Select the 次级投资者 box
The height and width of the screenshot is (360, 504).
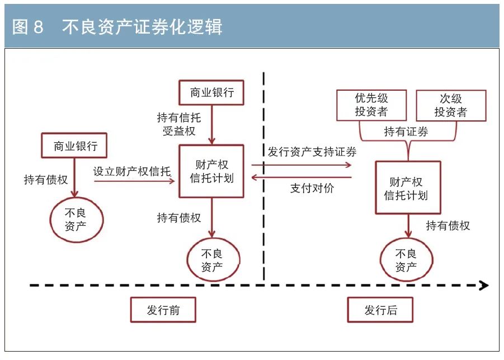pyautogui.click(x=451, y=105)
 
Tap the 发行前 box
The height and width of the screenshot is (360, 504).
pyautogui.click(x=163, y=310)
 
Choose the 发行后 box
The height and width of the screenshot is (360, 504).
pyautogui.click(x=380, y=310)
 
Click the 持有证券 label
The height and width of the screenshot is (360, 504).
pyautogui.click(x=406, y=132)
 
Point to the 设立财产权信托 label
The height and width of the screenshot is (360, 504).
pyautogui.click(x=132, y=171)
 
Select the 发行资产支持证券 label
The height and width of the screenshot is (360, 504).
pyautogui.click(x=312, y=151)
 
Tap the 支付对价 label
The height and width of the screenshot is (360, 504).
pyautogui.click(x=312, y=188)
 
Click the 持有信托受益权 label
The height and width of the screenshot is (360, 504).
pyautogui.click(x=179, y=124)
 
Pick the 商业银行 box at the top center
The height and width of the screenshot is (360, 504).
pyautogui.click(x=211, y=92)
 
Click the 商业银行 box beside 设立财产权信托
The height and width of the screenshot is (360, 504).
pyautogui.click(x=75, y=146)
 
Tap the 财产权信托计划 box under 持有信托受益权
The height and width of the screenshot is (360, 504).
pyautogui.click(x=211, y=171)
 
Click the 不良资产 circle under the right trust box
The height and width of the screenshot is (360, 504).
pyautogui.click(x=406, y=260)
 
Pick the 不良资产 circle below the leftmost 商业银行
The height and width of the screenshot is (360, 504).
pyautogui.click(x=76, y=219)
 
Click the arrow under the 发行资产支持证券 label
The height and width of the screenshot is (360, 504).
pyautogui.click(x=302, y=165)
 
